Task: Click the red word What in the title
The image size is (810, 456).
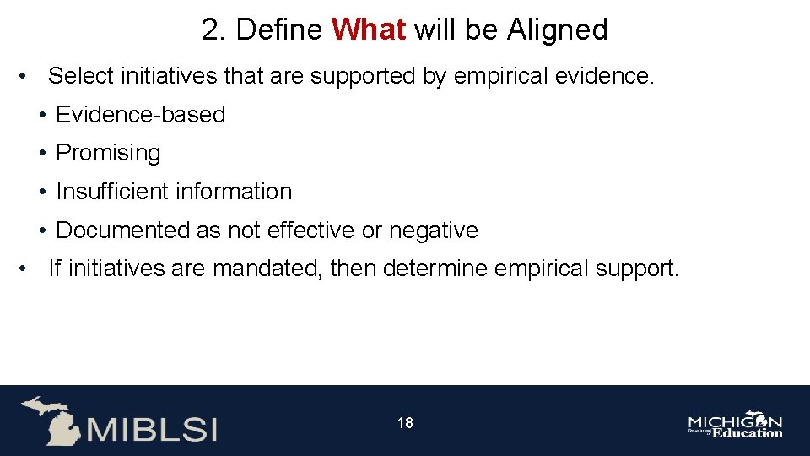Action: [x=369, y=30]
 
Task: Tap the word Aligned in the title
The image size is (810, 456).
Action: [x=557, y=30]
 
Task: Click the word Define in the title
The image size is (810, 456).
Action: [x=279, y=30]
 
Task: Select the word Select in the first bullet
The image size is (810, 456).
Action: [x=81, y=77]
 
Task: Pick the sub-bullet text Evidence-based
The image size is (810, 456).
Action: [x=140, y=115]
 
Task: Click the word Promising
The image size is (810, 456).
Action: [x=108, y=154]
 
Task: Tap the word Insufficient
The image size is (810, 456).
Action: [x=111, y=192]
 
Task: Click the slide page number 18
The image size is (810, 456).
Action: [x=405, y=423]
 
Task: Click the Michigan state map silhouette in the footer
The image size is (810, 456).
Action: [x=51, y=419]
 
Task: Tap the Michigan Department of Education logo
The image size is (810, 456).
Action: [x=735, y=426]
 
